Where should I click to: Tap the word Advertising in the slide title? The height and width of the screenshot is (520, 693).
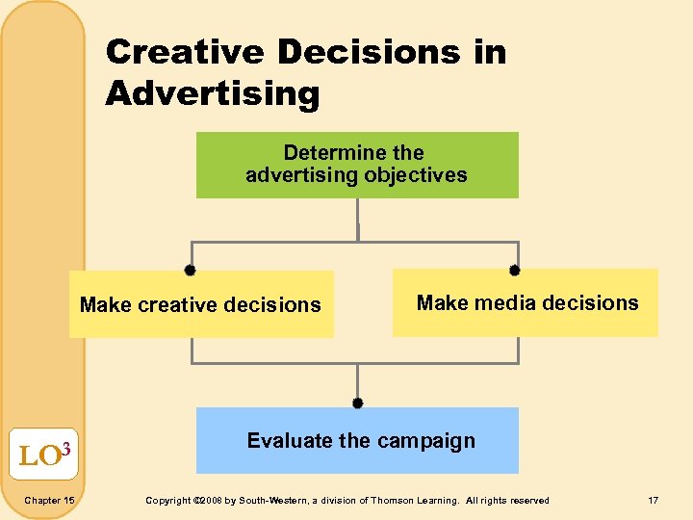click(x=212, y=94)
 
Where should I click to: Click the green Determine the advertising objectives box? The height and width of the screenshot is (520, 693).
click(x=357, y=165)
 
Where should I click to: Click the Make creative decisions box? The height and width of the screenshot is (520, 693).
click(x=201, y=304)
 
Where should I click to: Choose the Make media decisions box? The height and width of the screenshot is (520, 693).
click(x=526, y=303)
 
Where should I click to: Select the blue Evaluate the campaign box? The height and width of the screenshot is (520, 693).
click(x=357, y=441)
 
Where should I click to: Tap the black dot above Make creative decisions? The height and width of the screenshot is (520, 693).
click(x=191, y=271)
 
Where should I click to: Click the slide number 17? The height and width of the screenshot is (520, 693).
click(x=654, y=501)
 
